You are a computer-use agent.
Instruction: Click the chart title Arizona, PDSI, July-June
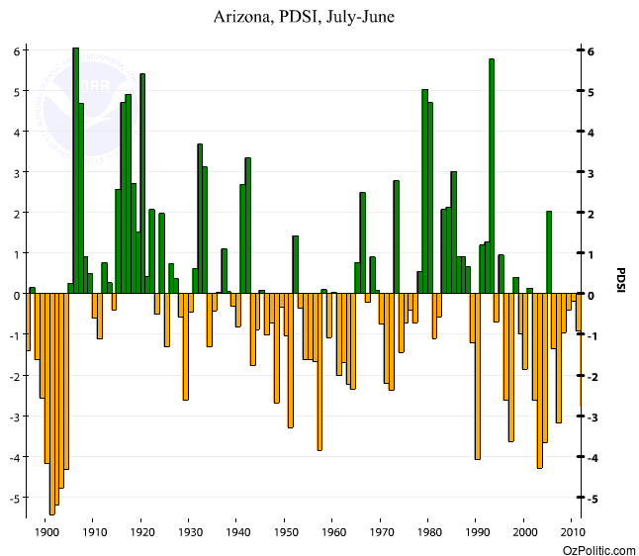click(305, 18)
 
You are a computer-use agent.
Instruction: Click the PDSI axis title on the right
click(620, 281)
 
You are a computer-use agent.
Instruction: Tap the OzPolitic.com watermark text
click(598, 548)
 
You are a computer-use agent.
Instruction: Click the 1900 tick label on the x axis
click(46, 531)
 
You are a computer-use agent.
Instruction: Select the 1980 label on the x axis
click(428, 531)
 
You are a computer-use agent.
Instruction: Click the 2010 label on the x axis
click(571, 531)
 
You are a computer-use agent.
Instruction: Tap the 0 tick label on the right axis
click(592, 295)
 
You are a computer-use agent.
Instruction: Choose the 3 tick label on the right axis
click(592, 173)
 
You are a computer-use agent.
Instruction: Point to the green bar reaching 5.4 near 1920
click(142, 183)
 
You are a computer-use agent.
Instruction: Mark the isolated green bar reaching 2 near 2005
click(548, 252)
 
